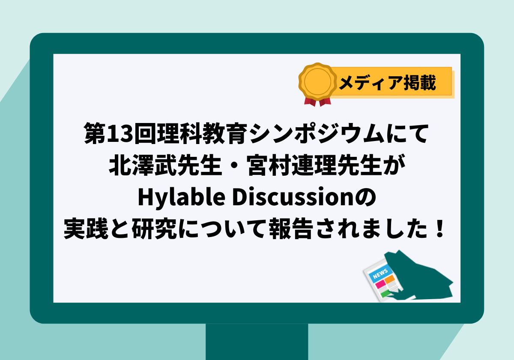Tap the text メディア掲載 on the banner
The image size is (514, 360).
[x=387, y=83]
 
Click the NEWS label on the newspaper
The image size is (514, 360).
[x=380, y=273]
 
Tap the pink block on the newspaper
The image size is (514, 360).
[x=380, y=284]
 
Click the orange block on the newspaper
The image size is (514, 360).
[x=390, y=279]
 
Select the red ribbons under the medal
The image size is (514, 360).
[x=317, y=102]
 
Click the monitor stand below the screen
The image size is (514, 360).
[x=257, y=342]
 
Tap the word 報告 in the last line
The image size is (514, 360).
[x=291, y=228]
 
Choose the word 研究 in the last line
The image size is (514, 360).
[x=154, y=228]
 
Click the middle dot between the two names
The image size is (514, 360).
[x=234, y=166]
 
